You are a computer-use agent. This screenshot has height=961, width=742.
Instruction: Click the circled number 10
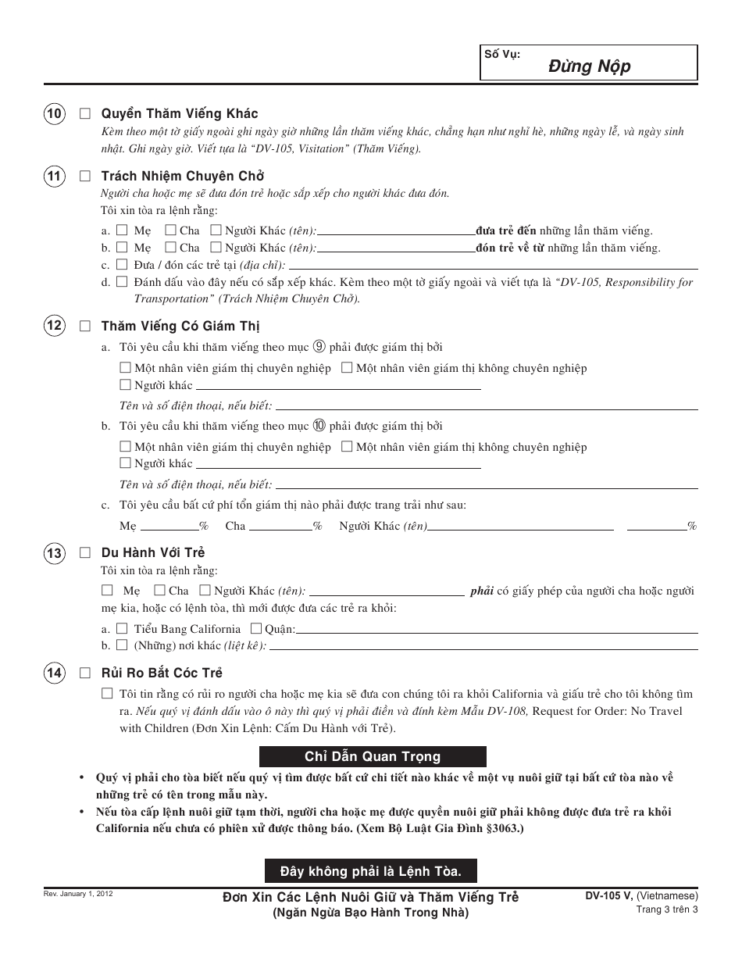(x=54, y=114)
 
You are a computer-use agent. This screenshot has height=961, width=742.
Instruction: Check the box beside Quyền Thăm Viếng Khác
(x=85, y=114)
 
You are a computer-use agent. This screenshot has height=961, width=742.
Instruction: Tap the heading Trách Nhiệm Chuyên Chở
(x=182, y=177)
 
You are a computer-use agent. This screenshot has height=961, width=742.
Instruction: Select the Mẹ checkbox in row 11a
(x=122, y=230)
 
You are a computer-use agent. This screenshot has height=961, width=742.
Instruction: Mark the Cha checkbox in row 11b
(x=169, y=248)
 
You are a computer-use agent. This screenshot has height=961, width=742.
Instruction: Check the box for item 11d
(x=122, y=282)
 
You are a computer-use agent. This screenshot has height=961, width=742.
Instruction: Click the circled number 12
(x=54, y=326)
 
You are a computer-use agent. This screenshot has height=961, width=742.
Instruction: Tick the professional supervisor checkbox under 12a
(x=125, y=368)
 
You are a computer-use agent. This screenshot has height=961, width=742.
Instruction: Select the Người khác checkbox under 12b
(x=125, y=463)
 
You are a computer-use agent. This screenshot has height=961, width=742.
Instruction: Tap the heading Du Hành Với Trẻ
(x=153, y=553)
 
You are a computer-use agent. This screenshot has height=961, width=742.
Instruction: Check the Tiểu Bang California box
(x=122, y=628)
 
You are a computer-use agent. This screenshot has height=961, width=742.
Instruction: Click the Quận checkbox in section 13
(x=255, y=628)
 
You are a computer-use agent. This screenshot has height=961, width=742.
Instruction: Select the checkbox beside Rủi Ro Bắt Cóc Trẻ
(x=85, y=673)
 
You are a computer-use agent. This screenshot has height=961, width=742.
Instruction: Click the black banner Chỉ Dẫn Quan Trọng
(x=373, y=756)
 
